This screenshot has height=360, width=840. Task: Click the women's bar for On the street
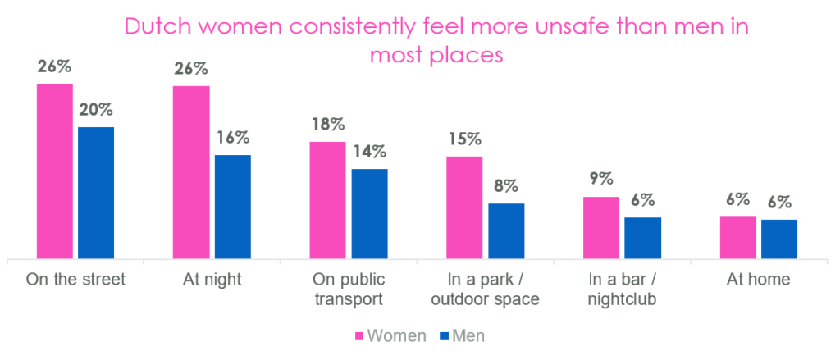click(55, 171)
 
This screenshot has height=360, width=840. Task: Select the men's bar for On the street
click(96, 193)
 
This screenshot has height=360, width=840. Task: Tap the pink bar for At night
click(191, 172)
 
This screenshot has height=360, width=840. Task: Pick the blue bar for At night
click(232, 207)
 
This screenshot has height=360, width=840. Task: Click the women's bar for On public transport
click(328, 200)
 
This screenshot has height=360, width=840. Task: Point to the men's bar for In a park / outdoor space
click(506, 231)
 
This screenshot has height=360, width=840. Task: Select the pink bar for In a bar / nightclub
click(601, 228)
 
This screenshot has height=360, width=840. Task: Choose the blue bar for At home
click(779, 239)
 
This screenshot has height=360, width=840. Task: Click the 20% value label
click(96, 110)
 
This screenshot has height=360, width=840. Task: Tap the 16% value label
click(233, 138)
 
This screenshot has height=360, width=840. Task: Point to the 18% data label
click(328, 125)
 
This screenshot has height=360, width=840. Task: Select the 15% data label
click(465, 139)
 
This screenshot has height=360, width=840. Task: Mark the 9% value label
click(601, 180)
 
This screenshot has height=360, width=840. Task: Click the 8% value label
click(506, 187)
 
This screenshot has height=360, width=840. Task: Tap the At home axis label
click(759, 280)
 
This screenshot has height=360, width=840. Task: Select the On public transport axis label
click(348, 289)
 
